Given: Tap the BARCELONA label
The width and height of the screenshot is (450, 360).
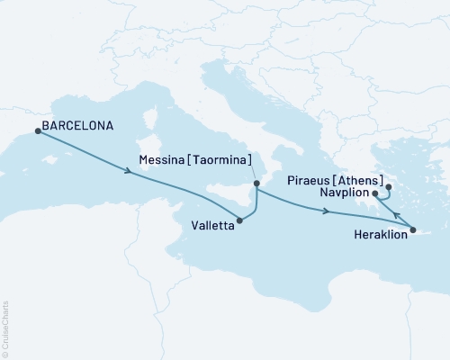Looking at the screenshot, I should (x=78, y=126).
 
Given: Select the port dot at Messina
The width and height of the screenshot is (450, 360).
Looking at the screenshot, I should (x=257, y=184).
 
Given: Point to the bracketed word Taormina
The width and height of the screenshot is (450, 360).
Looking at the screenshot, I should (x=220, y=161).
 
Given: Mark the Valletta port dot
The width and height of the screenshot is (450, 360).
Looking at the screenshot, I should (x=239, y=220).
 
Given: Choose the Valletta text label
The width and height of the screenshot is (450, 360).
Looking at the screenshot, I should (x=211, y=227).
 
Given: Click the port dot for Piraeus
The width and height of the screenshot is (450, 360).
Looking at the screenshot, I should (x=389, y=188).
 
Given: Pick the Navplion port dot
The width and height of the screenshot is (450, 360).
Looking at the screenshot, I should (x=374, y=193).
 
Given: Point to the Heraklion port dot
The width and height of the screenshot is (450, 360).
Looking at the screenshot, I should (x=413, y=232).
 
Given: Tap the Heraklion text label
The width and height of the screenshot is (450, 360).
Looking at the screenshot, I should (x=373, y=240).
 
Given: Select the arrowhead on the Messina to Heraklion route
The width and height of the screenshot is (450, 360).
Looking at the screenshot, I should (x=325, y=212).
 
